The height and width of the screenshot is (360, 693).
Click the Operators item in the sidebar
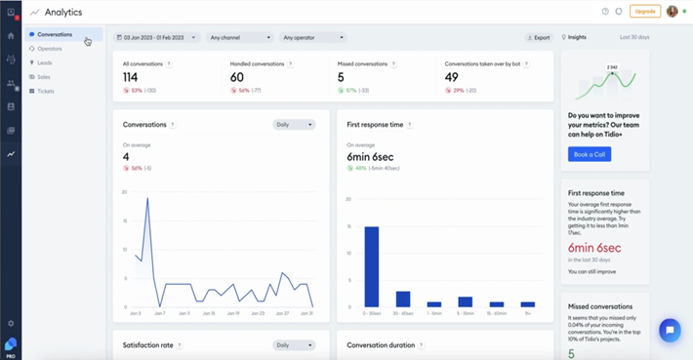click(x=49, y=48)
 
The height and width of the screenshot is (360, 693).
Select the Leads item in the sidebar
click(x=45, y=62)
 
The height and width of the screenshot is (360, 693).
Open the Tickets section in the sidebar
click(x=46, y=91)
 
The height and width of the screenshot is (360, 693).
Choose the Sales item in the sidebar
click(x=44, y=76)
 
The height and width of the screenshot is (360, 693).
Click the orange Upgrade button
click(x=644, y=11)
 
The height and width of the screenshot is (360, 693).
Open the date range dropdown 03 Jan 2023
click(x=157, y=37)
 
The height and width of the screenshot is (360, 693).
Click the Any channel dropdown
click(x=239, y=37)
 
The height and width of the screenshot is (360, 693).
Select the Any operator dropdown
click(x=310, y=37)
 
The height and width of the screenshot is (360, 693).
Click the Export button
click(x=538, y=37)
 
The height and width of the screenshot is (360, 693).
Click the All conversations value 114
click(x=131, y=76)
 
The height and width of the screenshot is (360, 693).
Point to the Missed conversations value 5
click(x=341, y=76)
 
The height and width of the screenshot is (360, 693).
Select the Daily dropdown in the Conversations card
click(x=294, y=125)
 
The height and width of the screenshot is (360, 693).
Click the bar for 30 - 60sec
click(x=403, y=299)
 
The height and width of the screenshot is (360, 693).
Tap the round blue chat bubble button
click(x=670, y=330)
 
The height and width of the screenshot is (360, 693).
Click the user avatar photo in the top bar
click(x=672, y=12)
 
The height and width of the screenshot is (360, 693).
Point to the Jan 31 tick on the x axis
click(x=307, y=313)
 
